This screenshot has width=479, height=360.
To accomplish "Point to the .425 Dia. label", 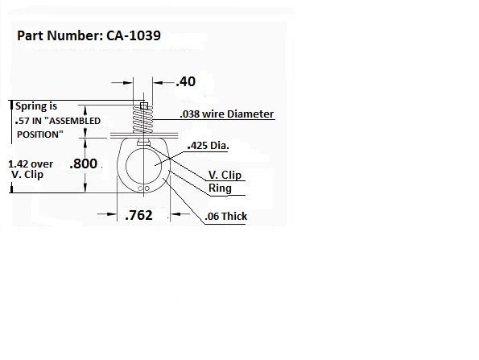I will click(x=208, y=146).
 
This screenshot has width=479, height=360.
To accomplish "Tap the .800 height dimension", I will click(x=84, y=163).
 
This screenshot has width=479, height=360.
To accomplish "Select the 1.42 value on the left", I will click(x=22, y=163).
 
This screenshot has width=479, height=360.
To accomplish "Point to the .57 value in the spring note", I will click(x=22, y=120).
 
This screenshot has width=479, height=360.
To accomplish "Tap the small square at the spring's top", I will click(x=142, y=106).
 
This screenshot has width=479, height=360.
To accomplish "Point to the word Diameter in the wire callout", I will click(x=251, y=114).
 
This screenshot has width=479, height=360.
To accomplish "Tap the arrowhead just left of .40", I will click(x=130, y=81).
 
